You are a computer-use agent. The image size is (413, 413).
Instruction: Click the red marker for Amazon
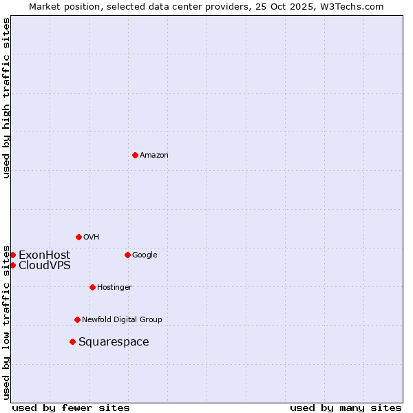pyautogui.click(x=135, y=155)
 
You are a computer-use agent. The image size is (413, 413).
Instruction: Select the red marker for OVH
pyautogui.click(x=78, y=237)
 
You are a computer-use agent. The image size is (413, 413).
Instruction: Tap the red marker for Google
pyautogui.click(x=127, y=255)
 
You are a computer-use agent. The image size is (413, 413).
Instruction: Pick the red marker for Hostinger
pyautogui.click(x=92, y=287)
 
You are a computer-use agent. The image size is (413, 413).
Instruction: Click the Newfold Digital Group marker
pyautogui.click(x=77, y=319)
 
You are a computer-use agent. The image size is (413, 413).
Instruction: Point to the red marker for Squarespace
pyautogui.click(x=72, y=341)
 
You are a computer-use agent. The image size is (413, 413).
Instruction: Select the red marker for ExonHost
pyautogui.click(x=12, y=255)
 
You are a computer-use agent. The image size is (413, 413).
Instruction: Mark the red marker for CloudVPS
pyautogui.click(x=12, y=265)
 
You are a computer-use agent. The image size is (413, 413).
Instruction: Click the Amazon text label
pyautogui.click(x=154, y=155)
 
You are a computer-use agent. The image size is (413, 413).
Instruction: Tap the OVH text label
pyautogui.click(x=92, y=237)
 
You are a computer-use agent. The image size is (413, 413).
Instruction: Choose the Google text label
pyautogui.click(x=145, y=255)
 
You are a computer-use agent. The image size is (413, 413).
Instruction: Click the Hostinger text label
pyautogui.click(x=114, y=287)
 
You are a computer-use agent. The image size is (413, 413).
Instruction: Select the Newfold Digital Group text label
pyautogui.click(x=122, y=319)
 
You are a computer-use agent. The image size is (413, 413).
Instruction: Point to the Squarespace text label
pyautogui.click(x=114, y=341)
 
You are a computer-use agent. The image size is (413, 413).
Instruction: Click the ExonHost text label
pyautogui.click(x=44, y=255)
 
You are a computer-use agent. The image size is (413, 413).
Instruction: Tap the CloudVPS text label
pyautogui.click(x=44, y=265)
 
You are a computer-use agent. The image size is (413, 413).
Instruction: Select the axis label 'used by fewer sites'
pyautogui.click(x=71, y=407)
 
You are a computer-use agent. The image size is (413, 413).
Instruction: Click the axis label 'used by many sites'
pyautogui.click(x=346, y=407)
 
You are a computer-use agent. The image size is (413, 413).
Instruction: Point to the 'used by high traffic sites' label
pyautogui.click(x=6, y=98)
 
